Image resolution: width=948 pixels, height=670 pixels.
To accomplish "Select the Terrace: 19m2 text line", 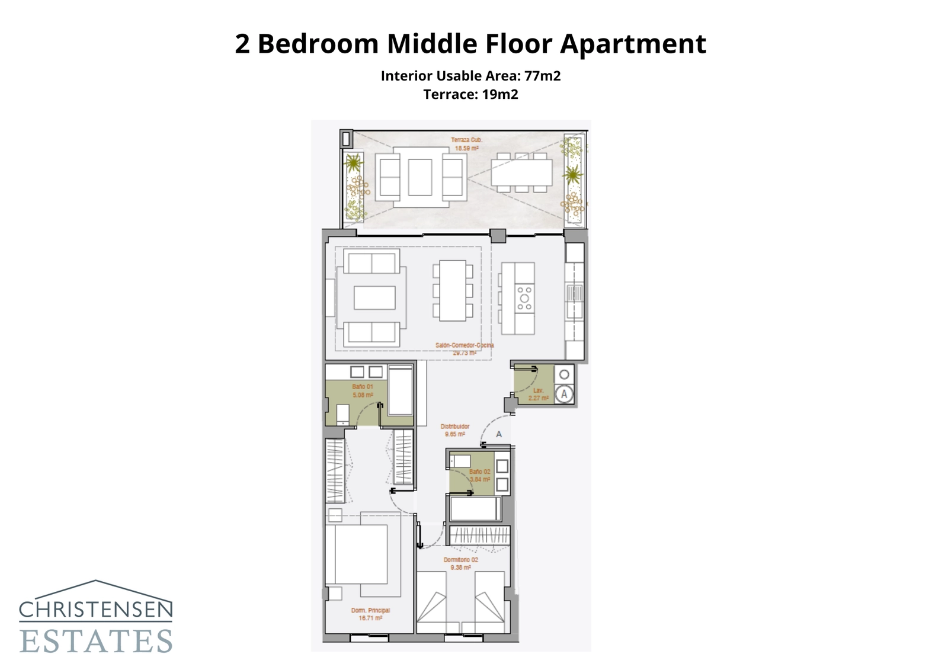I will pyautogui.click(x=470, y=94).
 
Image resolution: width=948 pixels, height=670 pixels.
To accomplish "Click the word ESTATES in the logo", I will pyautogui.click(x=96, y=641).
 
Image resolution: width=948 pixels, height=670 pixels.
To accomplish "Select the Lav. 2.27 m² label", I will pyautogui.click(x=538, y=395).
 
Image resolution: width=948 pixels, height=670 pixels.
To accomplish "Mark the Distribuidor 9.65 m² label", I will pyautogui.click(x=455, y=430).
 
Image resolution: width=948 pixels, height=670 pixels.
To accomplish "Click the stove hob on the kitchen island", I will pyautogui.click(x=524, y=298).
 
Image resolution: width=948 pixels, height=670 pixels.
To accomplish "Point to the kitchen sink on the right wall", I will pyautogui.click(x=574, y=293).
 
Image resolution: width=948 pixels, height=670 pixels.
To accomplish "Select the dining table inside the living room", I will pyautogui.click(x=453, y=290).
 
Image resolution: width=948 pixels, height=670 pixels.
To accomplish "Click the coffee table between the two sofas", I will pyautogui.click(x=374, y=297).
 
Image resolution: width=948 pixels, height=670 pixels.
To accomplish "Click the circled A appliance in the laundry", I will pyautogui.click(x=564, y=394).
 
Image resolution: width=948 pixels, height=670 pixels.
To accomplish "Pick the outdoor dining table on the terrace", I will pyautogui.click(x=521, y=172).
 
